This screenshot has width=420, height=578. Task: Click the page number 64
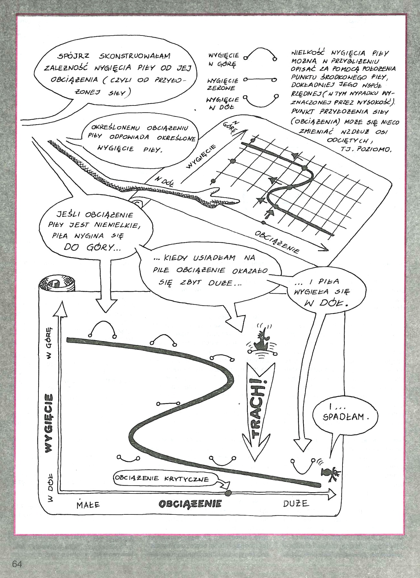click(x=17, y=564)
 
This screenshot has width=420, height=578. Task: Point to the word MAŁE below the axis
click(x=88, y=504)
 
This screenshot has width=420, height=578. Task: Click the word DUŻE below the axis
click(x=296, y=503)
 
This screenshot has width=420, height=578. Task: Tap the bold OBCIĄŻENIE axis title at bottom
click(x=190, y=503)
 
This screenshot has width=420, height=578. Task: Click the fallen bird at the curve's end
click(x=329, y=472)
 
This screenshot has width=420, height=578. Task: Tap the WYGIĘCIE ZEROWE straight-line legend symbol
click(x=260, y=79)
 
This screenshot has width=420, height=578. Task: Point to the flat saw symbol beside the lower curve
click(x=168, y=403)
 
